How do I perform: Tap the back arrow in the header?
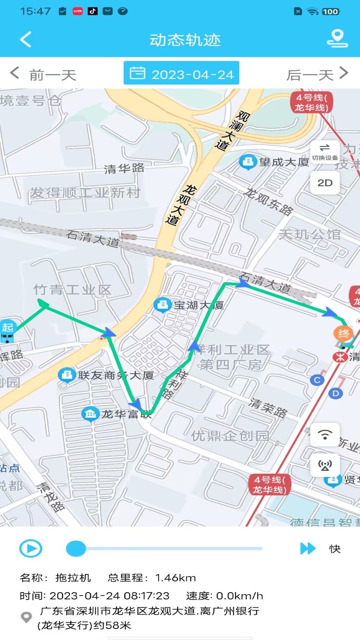point(26,40)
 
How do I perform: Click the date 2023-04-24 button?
point(181,73)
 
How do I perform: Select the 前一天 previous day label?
point(53,75)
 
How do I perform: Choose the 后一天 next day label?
point(310,75)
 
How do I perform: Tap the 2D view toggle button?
point(325,183)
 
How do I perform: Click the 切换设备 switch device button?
point(325,152)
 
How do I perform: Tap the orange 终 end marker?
point(343,333)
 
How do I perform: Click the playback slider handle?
point(76,549)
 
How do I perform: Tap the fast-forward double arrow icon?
point(307,548)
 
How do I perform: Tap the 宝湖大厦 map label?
point(199,305)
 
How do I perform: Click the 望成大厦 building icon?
point(248,162)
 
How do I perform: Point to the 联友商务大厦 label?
point(116,375)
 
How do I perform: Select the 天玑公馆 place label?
point(310,235)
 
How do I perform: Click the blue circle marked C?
point(317,380)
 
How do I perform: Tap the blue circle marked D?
point(335,393)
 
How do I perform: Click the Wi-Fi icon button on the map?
point(325,435)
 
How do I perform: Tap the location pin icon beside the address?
point(26,617)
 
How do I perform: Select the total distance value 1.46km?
point(176,578)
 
